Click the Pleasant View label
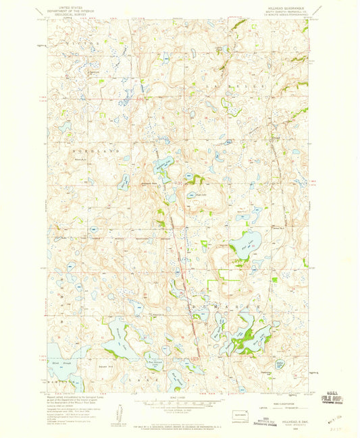pos(149,184)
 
